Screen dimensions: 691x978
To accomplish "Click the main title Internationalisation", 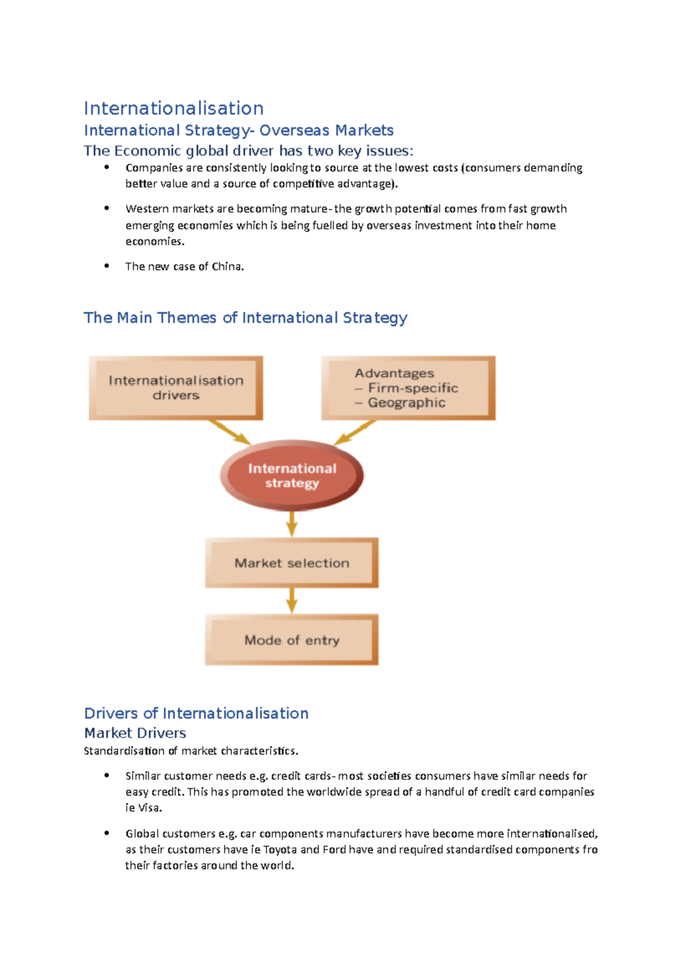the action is (173, 108).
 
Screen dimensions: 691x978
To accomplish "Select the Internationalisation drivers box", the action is (176, 388).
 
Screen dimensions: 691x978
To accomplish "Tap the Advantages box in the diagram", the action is (408, 388).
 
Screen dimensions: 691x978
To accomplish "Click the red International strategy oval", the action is (292, 476).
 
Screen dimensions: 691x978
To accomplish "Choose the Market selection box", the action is (291, 563).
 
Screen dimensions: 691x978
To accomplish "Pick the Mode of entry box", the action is (291, 640).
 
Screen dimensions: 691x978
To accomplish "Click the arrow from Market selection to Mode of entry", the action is (292, 601).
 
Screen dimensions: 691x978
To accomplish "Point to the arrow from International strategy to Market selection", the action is (292, 524).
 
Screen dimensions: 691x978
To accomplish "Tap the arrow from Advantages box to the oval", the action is (355, 432).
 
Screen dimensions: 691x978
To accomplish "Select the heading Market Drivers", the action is (135, 733).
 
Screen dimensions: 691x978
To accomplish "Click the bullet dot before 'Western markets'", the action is (107, 208).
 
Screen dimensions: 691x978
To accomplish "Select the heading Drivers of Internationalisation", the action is (196, 714).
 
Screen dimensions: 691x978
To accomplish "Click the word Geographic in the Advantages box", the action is (407, 403).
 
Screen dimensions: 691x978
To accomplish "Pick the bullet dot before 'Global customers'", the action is (107, 833).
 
